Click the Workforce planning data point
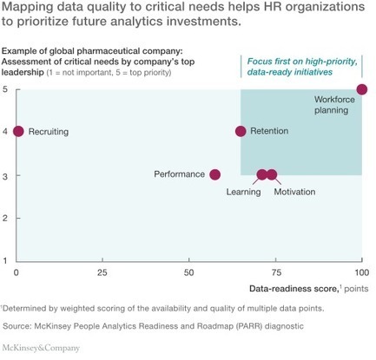362,89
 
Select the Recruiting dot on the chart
18,131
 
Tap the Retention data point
241,131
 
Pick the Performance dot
214,174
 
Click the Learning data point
262,174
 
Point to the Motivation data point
272,174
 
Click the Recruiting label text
49,132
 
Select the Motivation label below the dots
294,192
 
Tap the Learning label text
243,192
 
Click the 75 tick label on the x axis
275,272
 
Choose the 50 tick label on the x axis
188,272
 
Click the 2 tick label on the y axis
5,218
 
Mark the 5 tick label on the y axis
5,89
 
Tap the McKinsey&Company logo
41,348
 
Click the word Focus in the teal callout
259,62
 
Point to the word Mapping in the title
27,7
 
